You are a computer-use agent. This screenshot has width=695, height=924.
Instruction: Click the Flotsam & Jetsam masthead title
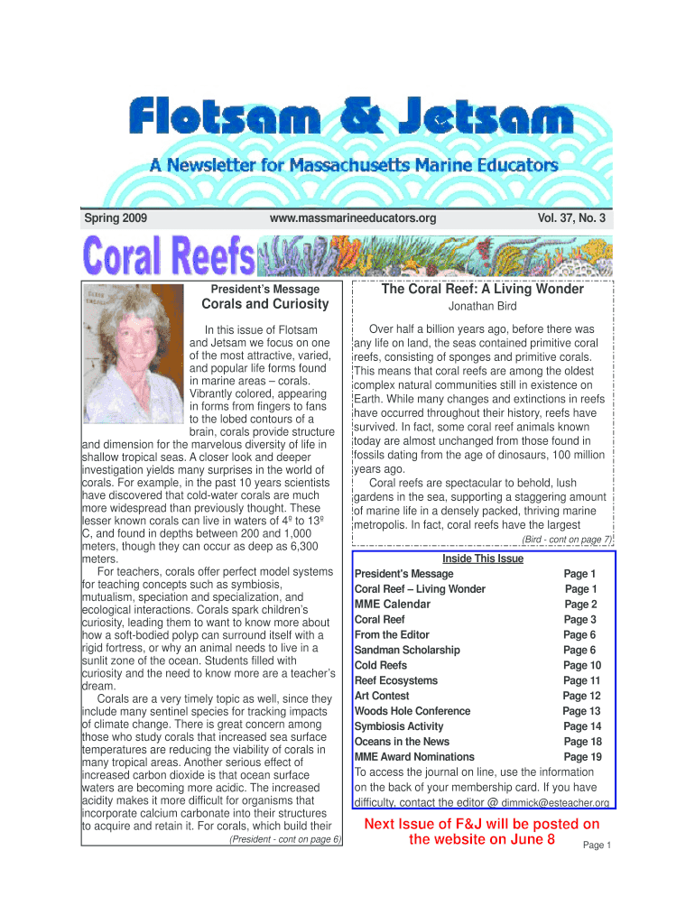tap(350, 118)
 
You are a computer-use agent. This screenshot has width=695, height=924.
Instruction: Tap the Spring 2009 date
tap(116, 218)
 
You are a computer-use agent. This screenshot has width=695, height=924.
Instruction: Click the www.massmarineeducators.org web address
tap(353, 218)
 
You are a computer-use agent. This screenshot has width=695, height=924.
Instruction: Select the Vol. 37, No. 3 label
tap(571, 218)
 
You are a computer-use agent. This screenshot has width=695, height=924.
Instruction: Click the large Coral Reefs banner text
tap(169, 257)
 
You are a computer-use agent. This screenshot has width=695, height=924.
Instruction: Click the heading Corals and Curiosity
tap(264, 304)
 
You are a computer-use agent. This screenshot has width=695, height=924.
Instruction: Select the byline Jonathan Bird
tap(482, 307)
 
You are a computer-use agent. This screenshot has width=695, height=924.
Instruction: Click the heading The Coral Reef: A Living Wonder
tap(482, 290)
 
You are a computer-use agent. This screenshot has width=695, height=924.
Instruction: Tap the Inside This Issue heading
tap(483, 559)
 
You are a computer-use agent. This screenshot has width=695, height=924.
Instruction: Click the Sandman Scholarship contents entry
tap(407, 650)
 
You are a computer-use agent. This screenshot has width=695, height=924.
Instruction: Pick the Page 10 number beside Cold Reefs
tap(581, 666)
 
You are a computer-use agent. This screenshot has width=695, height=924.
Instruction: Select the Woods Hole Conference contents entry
tap(412, 711)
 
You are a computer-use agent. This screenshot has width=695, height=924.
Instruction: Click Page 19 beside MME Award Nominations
tap(582, 757)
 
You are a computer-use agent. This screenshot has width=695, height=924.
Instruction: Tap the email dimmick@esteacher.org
tap(555, 803)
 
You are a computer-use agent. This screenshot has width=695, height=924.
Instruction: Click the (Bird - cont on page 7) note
tap(567, 540)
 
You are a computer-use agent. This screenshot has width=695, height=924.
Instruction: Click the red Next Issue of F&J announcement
tap(481, 832)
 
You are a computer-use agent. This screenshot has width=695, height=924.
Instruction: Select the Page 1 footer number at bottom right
tap(598, 845)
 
